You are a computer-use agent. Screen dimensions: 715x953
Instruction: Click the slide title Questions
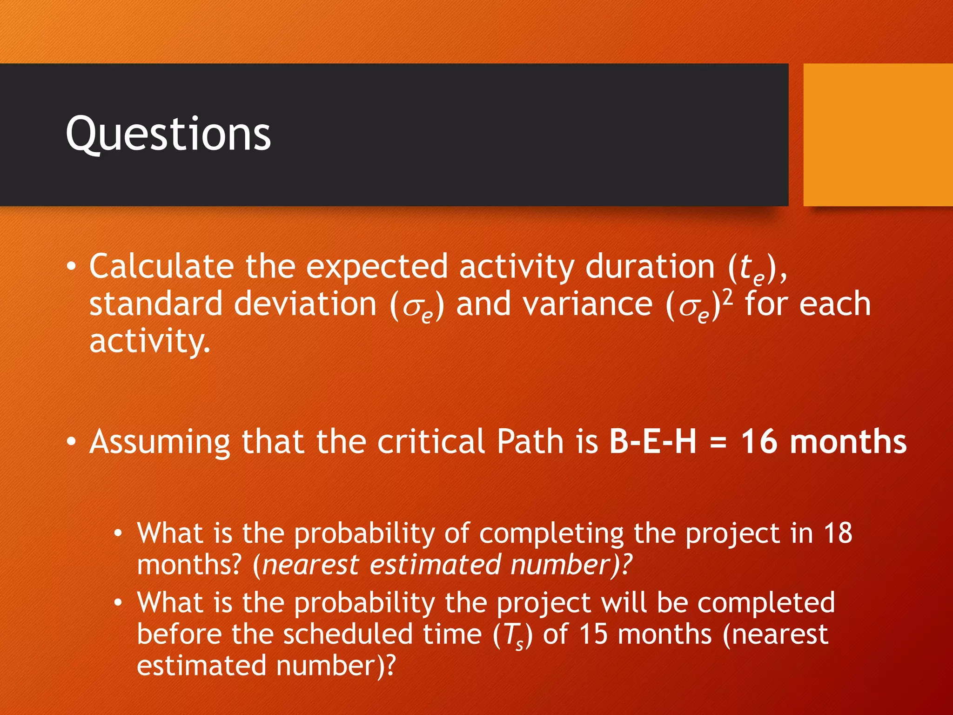168,135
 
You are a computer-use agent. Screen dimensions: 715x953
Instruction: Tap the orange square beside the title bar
878,135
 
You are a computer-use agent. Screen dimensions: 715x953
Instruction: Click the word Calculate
161,267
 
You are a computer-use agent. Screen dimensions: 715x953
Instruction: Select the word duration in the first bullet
650,267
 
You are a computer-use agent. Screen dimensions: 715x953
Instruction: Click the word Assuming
160,442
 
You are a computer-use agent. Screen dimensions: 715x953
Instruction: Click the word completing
551,534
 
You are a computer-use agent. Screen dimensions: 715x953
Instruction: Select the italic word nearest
311,565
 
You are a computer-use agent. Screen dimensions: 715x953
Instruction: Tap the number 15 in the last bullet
593,634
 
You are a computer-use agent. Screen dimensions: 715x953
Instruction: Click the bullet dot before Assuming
71,442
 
